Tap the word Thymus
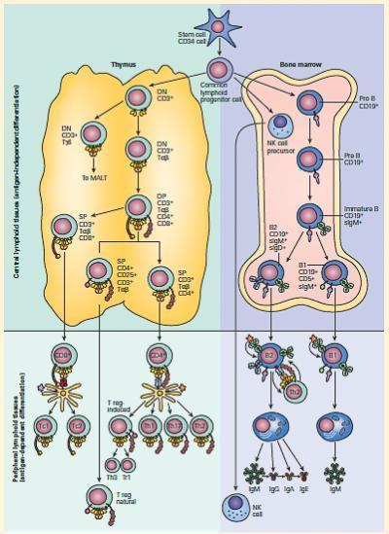(124, 65)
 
